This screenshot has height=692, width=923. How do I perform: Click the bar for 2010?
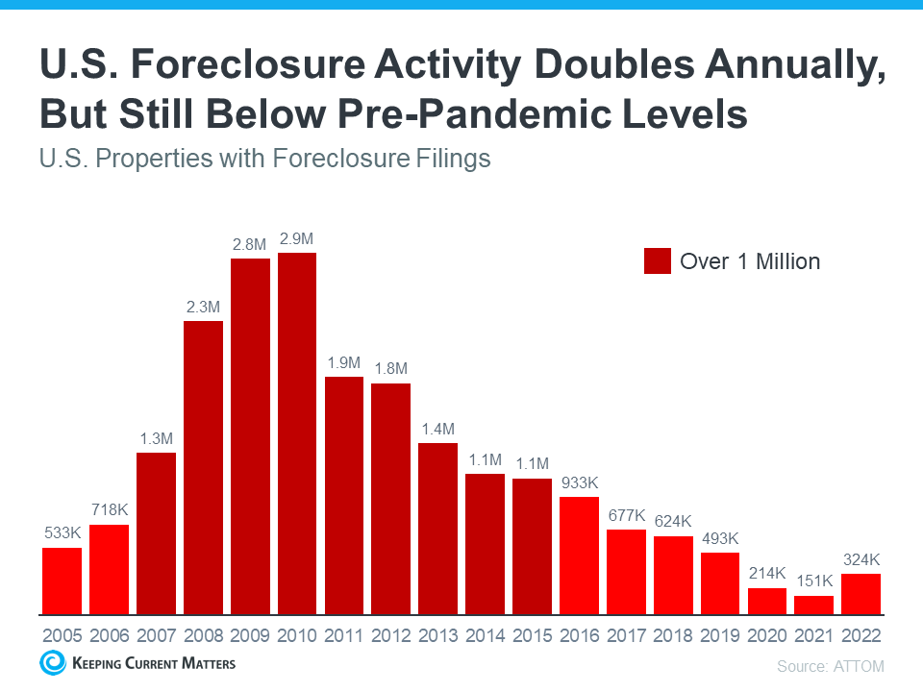297,433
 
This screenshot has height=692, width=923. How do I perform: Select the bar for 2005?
62,581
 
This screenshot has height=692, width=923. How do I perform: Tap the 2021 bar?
813,605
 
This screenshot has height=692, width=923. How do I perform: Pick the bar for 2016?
579,556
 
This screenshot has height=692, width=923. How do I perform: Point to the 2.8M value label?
250,245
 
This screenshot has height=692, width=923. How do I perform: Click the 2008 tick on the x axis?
203,636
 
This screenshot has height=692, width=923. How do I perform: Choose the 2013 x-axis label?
437,636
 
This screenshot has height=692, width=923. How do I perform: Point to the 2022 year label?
861,636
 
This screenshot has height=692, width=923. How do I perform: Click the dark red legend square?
658,260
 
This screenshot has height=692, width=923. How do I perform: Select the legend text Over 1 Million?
750,260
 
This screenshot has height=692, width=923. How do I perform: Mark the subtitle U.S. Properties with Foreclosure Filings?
265,158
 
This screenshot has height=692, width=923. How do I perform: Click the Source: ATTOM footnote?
830,665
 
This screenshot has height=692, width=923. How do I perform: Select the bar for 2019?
719,583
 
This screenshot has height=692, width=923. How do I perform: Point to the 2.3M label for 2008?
203,308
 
